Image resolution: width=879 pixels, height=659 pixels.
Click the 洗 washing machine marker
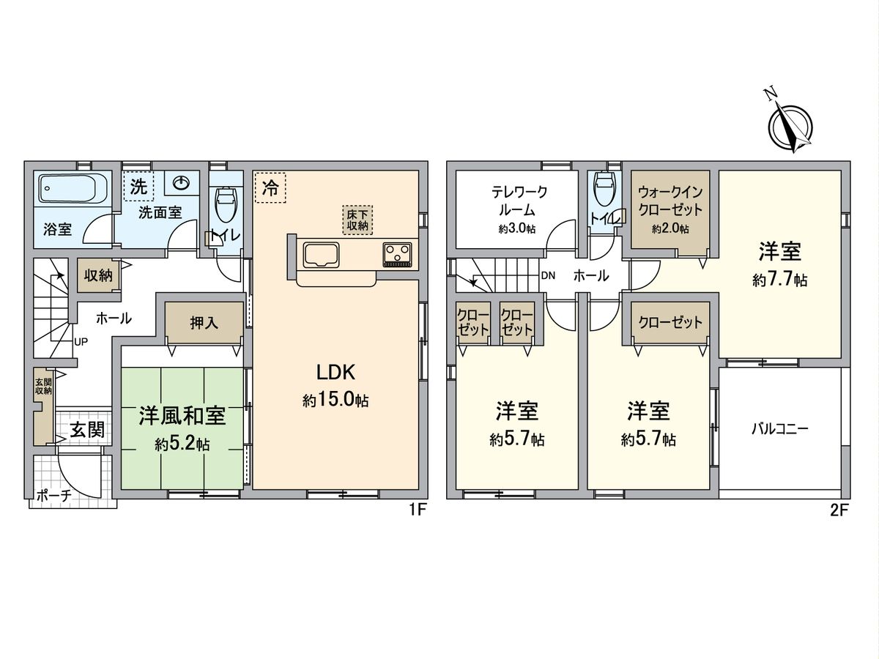click(138, 186)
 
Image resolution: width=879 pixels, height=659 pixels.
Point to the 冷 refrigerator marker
click(270, 187)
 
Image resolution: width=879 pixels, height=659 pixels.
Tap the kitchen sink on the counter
click(320, 256)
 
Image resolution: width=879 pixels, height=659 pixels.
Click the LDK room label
click(335, 372)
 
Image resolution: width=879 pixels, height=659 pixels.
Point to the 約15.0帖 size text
click(335, 401)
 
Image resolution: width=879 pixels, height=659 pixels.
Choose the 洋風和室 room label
click(182, 416)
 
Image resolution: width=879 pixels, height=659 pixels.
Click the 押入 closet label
click(204, 323)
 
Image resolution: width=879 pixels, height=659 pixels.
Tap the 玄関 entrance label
click(86, 430)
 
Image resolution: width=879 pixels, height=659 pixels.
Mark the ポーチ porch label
click(53, 496)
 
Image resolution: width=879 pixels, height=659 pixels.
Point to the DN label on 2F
click(548, 276)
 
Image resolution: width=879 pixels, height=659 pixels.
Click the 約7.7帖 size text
click(779, 280)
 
